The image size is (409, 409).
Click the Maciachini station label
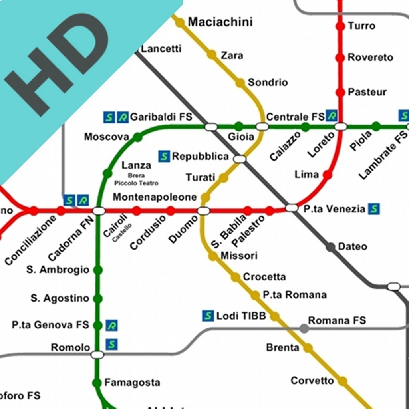pyautogui.click(x=220, y=22)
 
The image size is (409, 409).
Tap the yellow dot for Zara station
pyautogui.click(x=212, y=55)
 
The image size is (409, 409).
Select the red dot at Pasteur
pyautogui.click(x=340, y=92)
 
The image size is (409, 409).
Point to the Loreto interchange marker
pyautogui.click(x=341, y=127)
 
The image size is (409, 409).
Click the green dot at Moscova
pyautogui.click(x=137, y=137)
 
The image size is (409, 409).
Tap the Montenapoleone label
pyautogui.click(x=155, y=197)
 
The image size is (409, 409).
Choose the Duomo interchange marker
pyautogui.click(x=204, y=211)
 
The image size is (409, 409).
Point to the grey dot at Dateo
pyautogui.click(x=331, y=247)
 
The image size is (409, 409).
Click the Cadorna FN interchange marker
pyautogui.click(x=98, y=211)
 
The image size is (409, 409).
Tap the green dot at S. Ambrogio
pyautogui.click(x=98, y=270)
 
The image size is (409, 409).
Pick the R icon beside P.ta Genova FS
pyautogui.click(x=112, y=326)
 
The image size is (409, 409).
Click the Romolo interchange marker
pyautogui.click(x=97, y=354)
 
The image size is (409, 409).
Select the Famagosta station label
pyautogui.click(x=132, y=383)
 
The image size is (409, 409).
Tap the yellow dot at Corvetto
pyautogui.click(x=342, y=381)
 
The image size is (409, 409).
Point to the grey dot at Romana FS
pyautogui.click(x=304, y=328)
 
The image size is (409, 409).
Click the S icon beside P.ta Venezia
pyautogui.click(x=374, y=208)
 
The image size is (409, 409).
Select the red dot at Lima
pyautogui.click(x=328, y=175)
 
